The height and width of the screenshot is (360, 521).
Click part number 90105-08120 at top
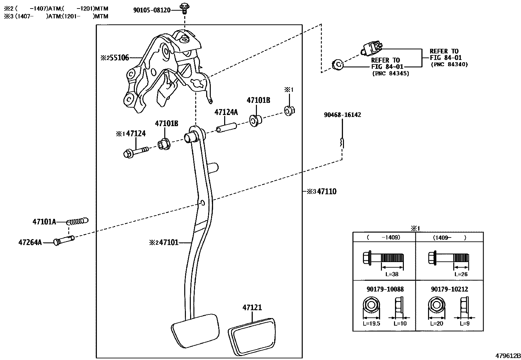point(152,10)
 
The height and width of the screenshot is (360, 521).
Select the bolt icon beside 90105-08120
point(185,8)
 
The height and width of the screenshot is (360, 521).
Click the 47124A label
point(226,112)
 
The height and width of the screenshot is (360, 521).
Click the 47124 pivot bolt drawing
point(135,152)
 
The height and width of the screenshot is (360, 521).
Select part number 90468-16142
point(342,115)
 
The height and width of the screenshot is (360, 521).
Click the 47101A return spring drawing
point(78,221)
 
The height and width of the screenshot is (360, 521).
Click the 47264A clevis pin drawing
point(64,240)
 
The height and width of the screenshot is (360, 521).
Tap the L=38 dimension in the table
point(392,274)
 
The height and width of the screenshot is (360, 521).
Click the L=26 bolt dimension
point(461,274)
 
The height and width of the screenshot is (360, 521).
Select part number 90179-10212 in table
point(449,289)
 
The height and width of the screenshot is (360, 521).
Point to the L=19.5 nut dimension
point(372,323)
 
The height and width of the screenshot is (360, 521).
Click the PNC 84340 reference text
point(449,65)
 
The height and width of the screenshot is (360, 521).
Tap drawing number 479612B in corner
point(507,356)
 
